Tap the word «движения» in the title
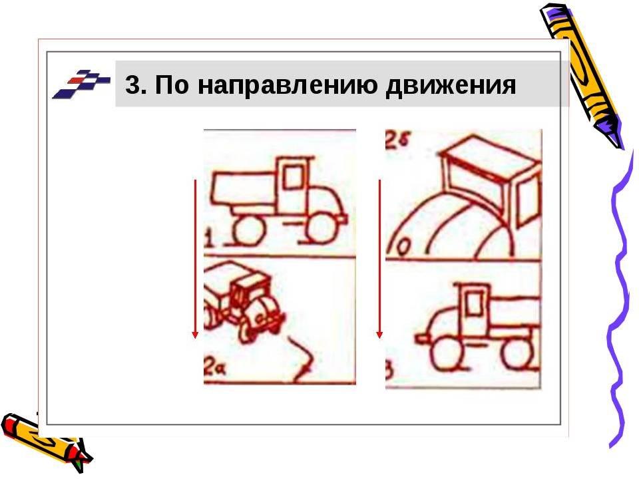(451, 85)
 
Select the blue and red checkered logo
(81, 84)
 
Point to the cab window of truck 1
(294, 176)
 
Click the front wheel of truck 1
(321, 229)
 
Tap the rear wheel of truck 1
(247, 230)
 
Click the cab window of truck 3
(473, 304)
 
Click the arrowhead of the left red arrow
(195, 335)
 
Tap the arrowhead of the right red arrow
(379, 335)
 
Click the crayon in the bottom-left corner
(45, 440)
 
